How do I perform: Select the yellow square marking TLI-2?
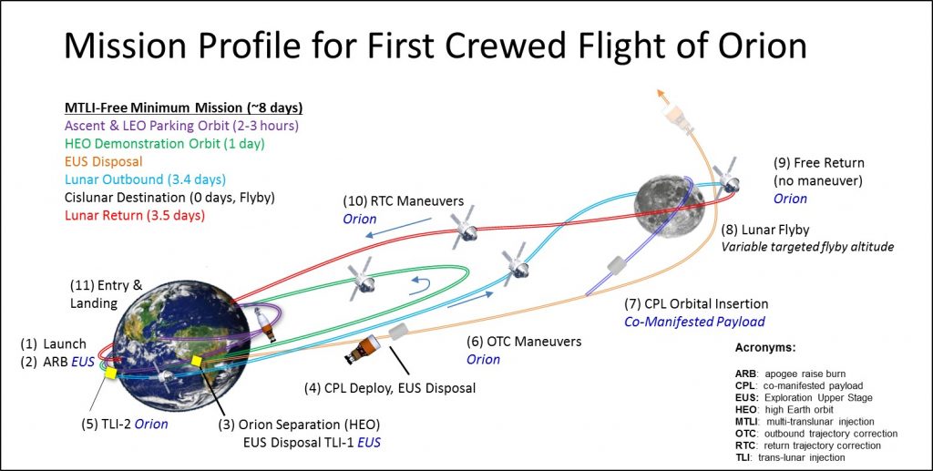[x=110, y=373]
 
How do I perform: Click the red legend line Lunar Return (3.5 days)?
[x=134, y=215]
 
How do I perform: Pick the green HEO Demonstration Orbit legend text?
[x=164, y=143]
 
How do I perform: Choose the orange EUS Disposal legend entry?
[x=103, y=161]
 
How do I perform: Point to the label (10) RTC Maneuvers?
[x=403, y=201]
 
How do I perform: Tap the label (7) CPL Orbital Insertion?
[x=695, y=304]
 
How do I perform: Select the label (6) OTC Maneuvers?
[x=524, y=342]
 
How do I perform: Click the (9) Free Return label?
[x=818, y=162]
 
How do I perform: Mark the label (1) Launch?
[x=54, y=343]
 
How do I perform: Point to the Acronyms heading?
[x=765, y=347]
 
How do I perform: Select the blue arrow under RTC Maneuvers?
[x=398, y=227]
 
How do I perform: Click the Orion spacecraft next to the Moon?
[x=727, y=177]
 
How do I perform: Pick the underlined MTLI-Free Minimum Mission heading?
[x=183, y=108]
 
